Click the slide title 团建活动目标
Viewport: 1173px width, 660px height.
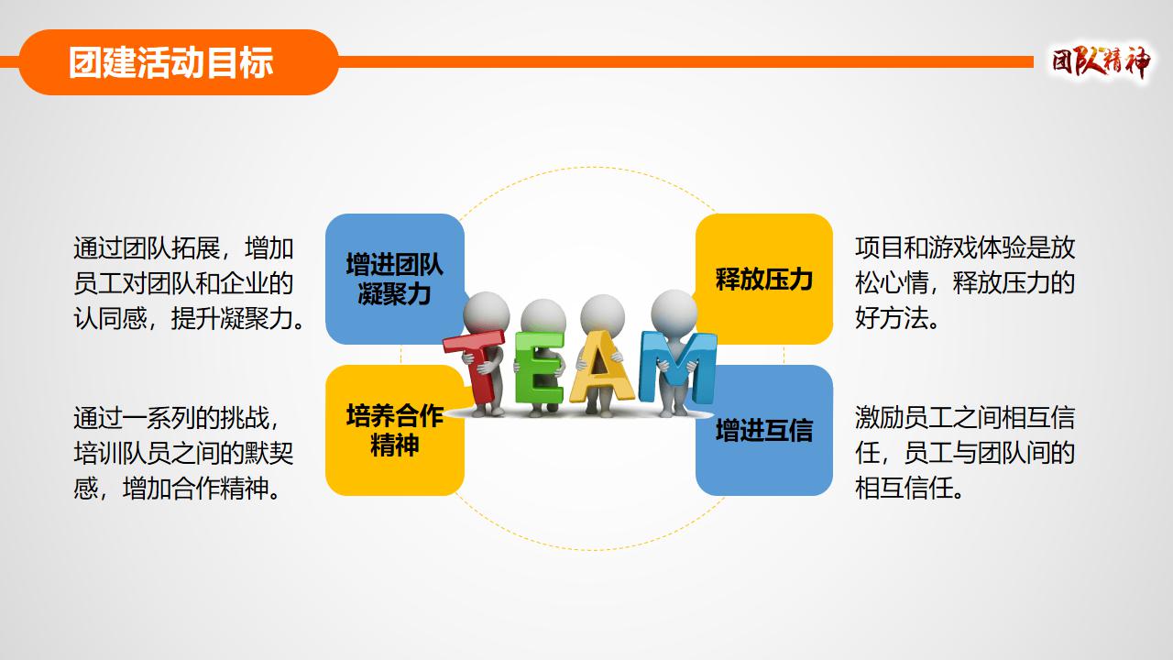[170, 62]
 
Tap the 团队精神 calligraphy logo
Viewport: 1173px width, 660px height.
[1102, 62]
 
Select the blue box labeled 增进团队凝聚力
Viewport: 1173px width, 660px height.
[395, 279]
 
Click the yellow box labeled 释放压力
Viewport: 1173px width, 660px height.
[764, 279]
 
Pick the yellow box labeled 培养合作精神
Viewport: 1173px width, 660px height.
[395, 431]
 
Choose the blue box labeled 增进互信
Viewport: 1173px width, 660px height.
[764, 431]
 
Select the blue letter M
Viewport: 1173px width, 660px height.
[677, 368]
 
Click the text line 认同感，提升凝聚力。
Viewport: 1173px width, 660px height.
[189, 318]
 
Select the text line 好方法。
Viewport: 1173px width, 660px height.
[897, 318]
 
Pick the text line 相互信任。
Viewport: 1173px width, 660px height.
[909, 489]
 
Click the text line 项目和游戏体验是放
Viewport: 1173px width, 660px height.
[965, 247]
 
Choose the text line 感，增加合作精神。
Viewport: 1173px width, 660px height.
[177, 489]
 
